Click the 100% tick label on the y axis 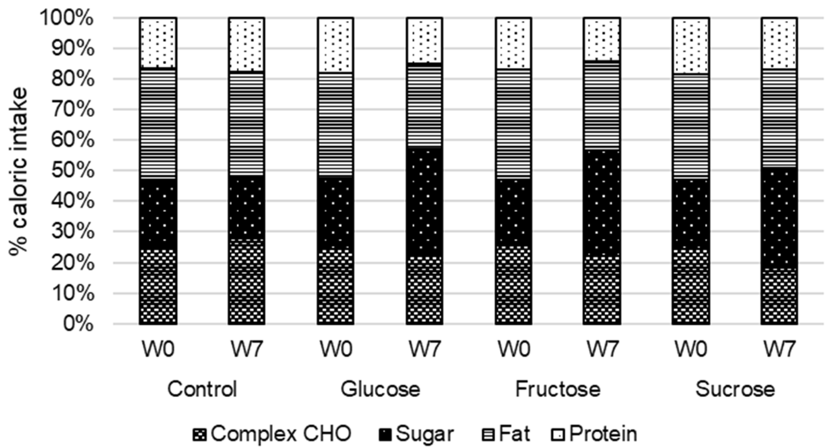[66, 18]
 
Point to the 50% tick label [72, 171]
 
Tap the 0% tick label [78, 324]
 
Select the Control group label [202, 389]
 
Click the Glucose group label [380, 389]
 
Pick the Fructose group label [558, 389]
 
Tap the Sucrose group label [735, 389]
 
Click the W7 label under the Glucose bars [424, 349]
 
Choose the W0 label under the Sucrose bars [691, 349]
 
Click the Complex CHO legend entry [272, 434]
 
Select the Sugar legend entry [417, 434]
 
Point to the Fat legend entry [506, 434]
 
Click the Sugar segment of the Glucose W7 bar [424, 202]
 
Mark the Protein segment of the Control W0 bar [158, 43]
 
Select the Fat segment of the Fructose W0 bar [513, 123]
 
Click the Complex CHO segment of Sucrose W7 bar [779, 296]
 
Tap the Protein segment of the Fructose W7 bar [602, 39]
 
